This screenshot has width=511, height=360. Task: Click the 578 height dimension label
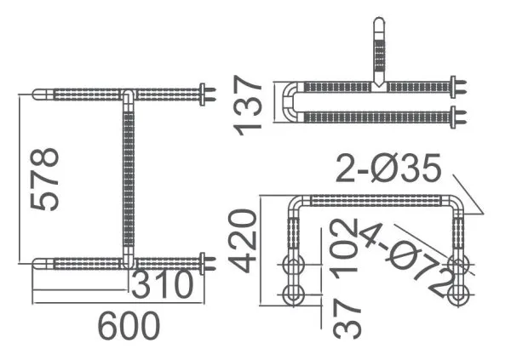tap(44, 179)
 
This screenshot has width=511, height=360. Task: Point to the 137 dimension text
tap(248, 104)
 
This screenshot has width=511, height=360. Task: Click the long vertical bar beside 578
tap(129, 179)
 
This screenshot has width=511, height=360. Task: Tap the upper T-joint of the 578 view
tap(127, 93)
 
